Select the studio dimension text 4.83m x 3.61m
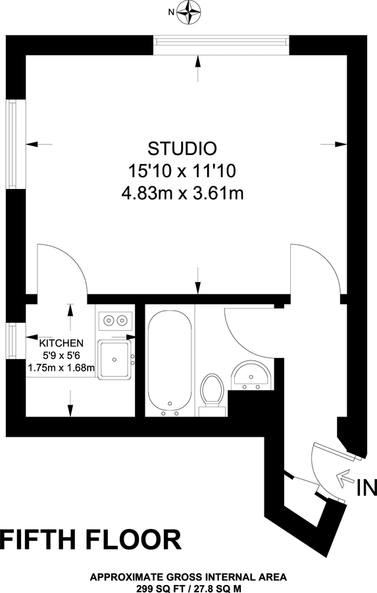(x=182, y=194)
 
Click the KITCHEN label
(x=61, y=343)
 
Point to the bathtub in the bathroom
(x=170, y=361)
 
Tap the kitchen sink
(x=115, y=360)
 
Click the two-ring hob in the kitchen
(x=115, y=320)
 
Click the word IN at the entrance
(x=366, y=489)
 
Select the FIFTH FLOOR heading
(x=91, y=539)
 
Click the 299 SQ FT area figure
(x=156, y=585)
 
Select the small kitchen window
(x=11, y=341)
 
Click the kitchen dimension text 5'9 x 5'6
(x=61, y=355)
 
